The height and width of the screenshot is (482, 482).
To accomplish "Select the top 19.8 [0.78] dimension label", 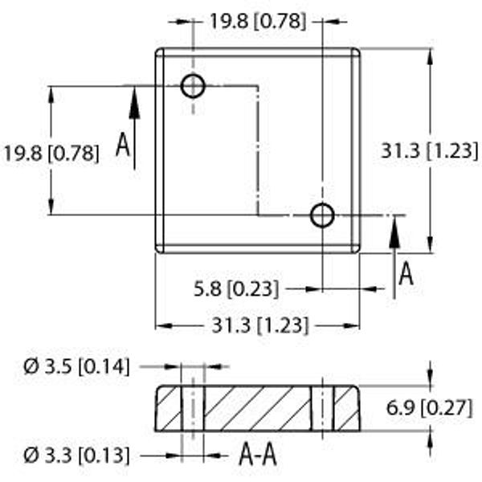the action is click(258, 22).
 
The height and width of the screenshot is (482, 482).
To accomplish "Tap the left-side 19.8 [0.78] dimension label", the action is click(51, 153).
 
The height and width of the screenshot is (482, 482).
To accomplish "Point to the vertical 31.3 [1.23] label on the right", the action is click(430, 151).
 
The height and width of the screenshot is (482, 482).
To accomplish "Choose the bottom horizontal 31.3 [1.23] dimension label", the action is click(259, 325).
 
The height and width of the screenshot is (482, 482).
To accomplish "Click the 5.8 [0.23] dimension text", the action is click(236, 289).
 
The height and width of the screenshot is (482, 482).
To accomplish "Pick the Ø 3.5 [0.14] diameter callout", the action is click(76, 367).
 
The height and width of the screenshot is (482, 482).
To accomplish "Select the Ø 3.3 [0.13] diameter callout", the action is click(76, 455).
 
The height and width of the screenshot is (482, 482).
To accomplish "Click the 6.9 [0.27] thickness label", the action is click(429, 408).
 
